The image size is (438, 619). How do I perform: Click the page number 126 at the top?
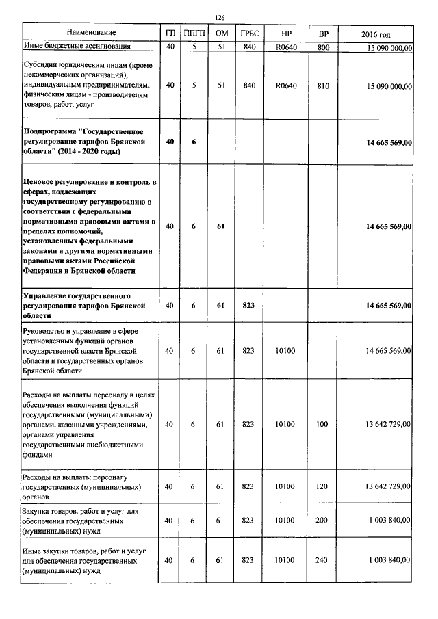click(x=220, y=18)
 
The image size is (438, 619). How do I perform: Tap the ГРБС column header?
click(x=248, y=34)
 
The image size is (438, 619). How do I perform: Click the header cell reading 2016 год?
click(x=376, y=34)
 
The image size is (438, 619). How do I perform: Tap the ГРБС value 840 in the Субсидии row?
click(x=248, y=85)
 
